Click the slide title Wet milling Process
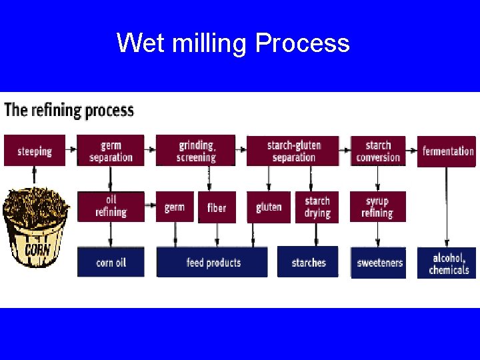233,43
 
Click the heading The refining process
69,110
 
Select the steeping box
35,151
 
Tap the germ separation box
111,151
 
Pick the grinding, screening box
196,151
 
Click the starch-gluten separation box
293,151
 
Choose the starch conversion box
378,151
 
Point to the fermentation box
447,151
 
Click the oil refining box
111,206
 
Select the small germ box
175,207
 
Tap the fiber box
217,207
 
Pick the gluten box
269,207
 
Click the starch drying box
317,207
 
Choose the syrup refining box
377,207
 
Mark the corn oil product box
111,262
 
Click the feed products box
213,262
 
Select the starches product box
309,262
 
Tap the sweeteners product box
379,263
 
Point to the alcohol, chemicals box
447,263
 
